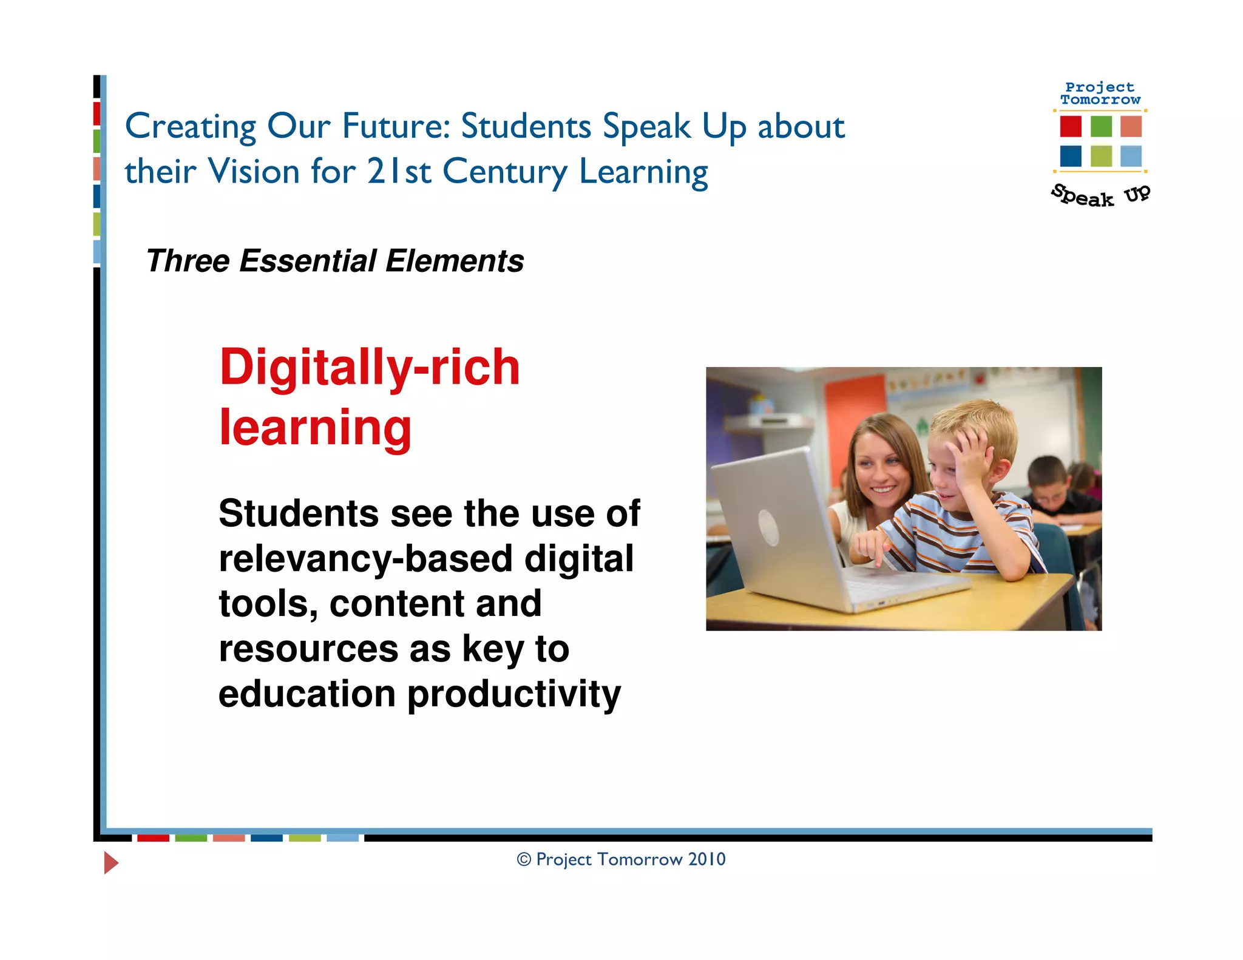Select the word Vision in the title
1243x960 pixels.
pos(253,171)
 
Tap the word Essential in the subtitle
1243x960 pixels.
pos(308,262)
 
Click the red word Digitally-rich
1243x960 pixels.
pos(370,368)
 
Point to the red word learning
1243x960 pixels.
pos(315,428)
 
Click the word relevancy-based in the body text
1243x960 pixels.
pos(366,558)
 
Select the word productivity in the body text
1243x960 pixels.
pos(514,694)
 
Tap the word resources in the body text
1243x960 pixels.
pos(308,649)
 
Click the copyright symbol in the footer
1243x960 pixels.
pos(524,860)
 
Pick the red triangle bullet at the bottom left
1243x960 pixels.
pos(110,862)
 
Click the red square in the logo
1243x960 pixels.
pos(1071,126)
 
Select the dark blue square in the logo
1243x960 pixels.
pos(1071,156)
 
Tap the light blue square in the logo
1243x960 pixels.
pos(1131,156)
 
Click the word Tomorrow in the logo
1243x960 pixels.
pos(1100,100)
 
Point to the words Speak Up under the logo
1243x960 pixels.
pos(1100,195)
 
